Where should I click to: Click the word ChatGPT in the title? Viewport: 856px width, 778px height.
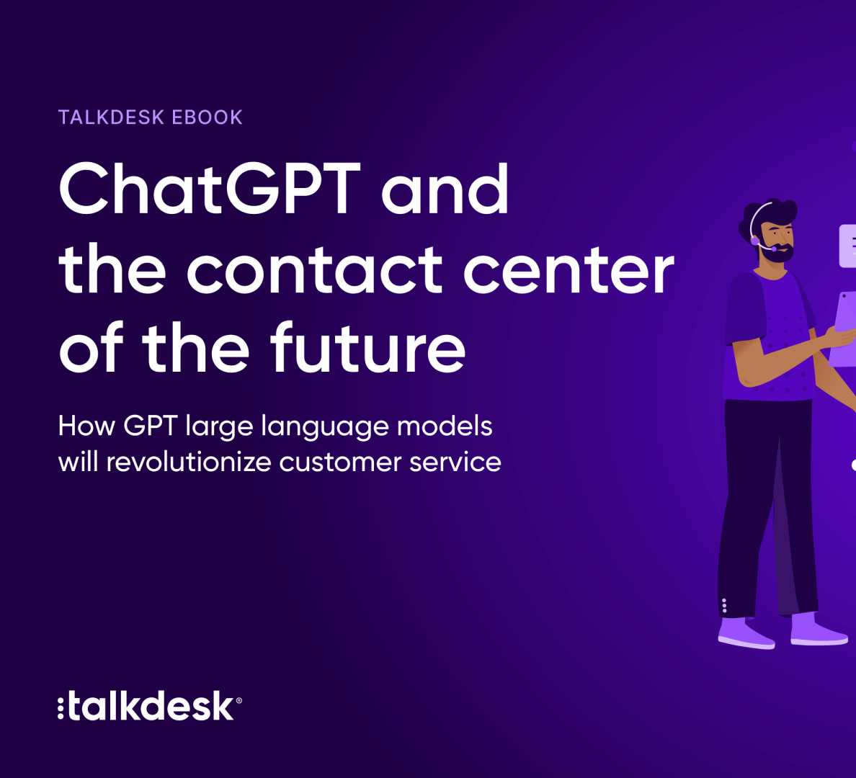tap(210, 188)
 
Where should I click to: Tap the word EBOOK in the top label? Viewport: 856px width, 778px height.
tap(207, 117)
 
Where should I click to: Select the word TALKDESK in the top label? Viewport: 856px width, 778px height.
tap(112, 117)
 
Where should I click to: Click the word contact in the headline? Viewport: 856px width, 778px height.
tap(314, 269)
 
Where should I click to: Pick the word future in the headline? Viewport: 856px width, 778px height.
tap(368, 347)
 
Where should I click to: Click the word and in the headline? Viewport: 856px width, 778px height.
tap(445, 189)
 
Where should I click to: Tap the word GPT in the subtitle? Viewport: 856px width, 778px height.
tap(151, 426)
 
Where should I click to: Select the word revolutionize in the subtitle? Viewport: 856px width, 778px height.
tap(189, 462)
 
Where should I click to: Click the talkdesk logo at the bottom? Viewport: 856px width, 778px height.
tap(150, 706)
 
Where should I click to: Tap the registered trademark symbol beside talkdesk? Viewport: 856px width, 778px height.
tap(238, 700)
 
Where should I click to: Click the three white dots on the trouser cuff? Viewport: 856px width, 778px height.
tap(724, 606)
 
